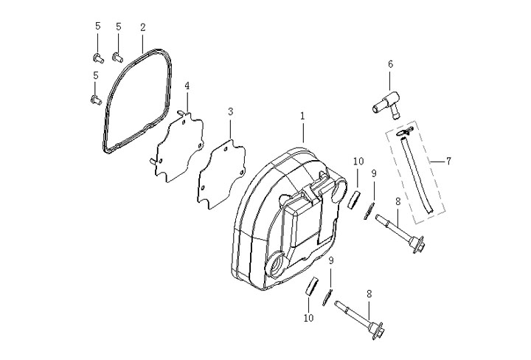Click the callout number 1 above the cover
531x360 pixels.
302,116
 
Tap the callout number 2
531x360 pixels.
142,27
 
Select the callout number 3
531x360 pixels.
230,111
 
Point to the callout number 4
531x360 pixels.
187,86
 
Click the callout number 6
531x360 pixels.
390,64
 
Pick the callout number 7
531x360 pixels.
448,161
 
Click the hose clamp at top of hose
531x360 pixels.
405,131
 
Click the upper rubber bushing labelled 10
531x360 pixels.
355,201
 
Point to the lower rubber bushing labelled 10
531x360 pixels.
312,286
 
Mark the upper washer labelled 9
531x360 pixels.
369,211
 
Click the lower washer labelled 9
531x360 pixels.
327,298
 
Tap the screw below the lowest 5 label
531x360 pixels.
95,100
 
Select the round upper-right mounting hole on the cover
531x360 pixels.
339,190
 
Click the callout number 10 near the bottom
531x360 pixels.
308,318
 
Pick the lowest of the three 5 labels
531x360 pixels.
95,75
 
